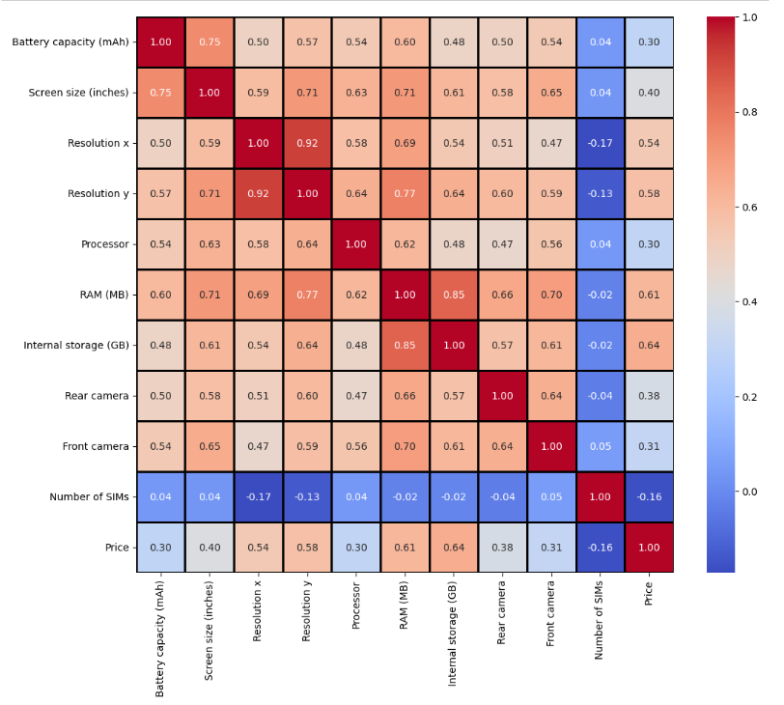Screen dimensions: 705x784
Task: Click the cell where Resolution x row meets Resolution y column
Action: [307, 143]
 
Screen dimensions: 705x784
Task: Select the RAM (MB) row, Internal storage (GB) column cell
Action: [454, 295]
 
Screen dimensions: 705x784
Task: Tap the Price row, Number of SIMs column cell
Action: [601, 548]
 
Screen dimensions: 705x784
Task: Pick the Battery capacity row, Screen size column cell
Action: [210, 42]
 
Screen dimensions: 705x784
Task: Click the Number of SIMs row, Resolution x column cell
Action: [259, 497]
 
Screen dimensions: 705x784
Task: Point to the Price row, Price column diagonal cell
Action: [650, 548]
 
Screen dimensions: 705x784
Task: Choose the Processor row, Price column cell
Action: [650, 244]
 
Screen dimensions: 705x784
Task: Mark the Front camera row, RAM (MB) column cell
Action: [406, 446]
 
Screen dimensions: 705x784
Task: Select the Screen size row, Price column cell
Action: [650, 93]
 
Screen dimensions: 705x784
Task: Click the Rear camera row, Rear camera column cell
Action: [503, 396]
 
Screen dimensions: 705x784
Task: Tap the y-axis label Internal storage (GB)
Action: [75, 346]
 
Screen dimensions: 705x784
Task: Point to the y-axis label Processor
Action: [104, 244]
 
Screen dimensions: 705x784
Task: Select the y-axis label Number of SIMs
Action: [89, 497]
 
